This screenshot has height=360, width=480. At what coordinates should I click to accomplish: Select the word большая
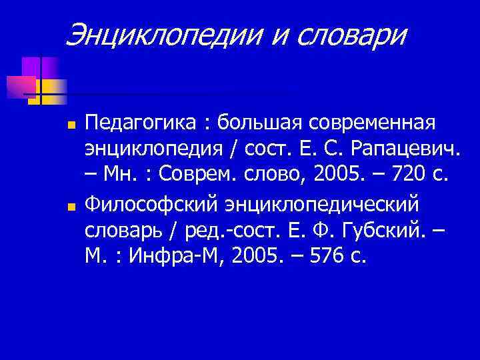point(253,123)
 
